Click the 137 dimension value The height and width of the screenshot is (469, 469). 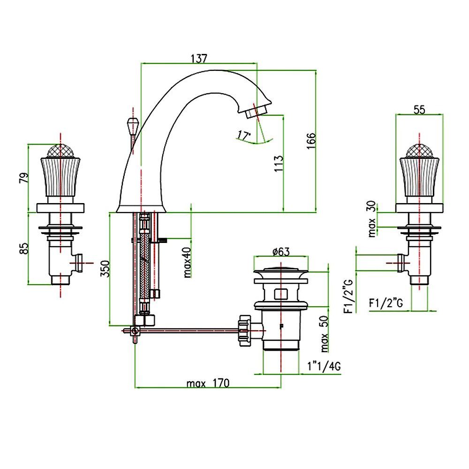(199, 58)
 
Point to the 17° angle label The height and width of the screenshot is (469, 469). (243, 136)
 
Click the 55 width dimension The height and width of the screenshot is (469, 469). (419, 109)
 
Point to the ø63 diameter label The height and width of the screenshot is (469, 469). (280, 251)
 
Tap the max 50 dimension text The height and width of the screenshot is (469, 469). (325, 334)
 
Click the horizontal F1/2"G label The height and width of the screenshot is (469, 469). (386, 303)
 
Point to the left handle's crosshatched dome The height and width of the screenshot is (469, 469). (60, 151)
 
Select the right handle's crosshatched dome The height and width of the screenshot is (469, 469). (419, 151)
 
